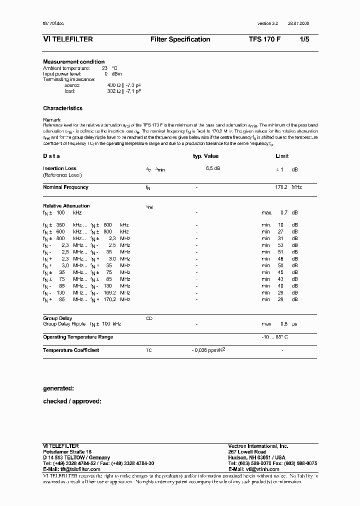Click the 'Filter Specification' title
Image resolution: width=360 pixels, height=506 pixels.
coord(180,39)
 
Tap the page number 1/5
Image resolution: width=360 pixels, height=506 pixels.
coord(304,39)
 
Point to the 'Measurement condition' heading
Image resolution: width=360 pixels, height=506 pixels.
coord(73,62)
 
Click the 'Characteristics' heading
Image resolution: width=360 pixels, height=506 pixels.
coord(62,108)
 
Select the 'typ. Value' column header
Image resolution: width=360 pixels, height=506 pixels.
coord(206,156)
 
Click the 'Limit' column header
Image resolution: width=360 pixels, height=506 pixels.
coord(282,156)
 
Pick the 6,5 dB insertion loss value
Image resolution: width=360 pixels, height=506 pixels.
coord(213,168)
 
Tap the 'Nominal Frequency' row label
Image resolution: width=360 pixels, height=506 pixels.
coord(65,187)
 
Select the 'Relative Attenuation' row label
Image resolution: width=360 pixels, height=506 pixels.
coord(66,206)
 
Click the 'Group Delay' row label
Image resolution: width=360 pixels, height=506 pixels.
coord(57,318)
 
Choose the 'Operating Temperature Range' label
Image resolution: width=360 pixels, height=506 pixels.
coord(77,337)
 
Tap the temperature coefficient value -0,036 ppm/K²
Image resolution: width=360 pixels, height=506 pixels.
coord(208,350)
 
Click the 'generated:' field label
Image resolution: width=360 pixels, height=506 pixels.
coord(58,388)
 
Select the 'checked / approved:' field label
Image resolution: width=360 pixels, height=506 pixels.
coord(72,401)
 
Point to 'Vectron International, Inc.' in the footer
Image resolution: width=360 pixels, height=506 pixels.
coord(258,446)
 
